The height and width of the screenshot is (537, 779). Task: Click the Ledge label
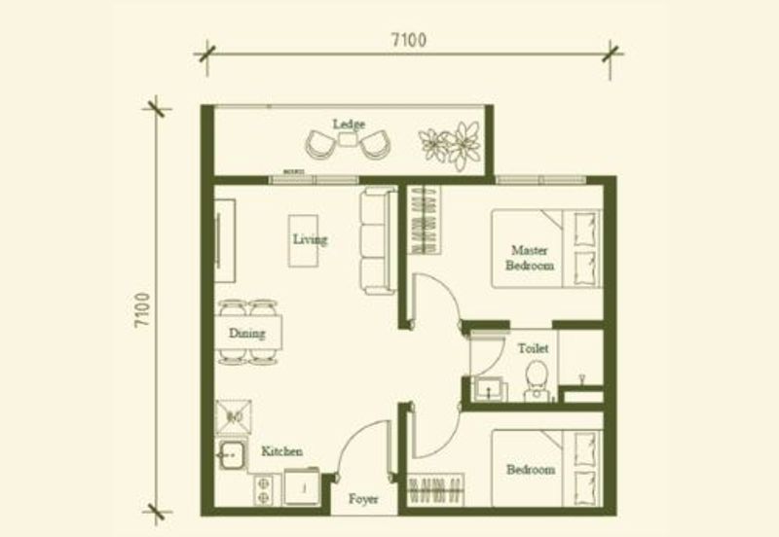(349, 125)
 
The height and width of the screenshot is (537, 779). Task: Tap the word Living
(310, 239)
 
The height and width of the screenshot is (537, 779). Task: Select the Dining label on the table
(247, 333)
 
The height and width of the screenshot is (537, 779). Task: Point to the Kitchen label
(281, 451)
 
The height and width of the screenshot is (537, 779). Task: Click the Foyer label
(363, 499)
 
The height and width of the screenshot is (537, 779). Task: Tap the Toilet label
(533, 348)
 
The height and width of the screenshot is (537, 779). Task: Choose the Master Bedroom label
(530, 258)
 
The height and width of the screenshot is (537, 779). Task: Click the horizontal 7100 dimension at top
(408, 40)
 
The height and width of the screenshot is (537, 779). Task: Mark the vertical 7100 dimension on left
(142, 309)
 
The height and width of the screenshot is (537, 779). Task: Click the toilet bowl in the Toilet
(537, 380)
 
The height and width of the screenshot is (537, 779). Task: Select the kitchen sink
(232, 454)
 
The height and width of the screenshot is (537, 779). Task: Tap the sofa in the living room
(379, 239)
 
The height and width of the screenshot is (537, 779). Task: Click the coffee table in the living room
(304, 240)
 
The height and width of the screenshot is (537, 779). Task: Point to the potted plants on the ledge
(450, 145)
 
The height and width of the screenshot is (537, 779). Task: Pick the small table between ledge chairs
(348, 139)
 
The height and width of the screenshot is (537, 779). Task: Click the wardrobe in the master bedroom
(425, 220)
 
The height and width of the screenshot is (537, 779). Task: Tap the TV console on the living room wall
(224, 240)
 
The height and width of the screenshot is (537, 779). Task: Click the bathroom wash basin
(490, 388)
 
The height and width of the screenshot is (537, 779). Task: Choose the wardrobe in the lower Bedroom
(436, 490)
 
